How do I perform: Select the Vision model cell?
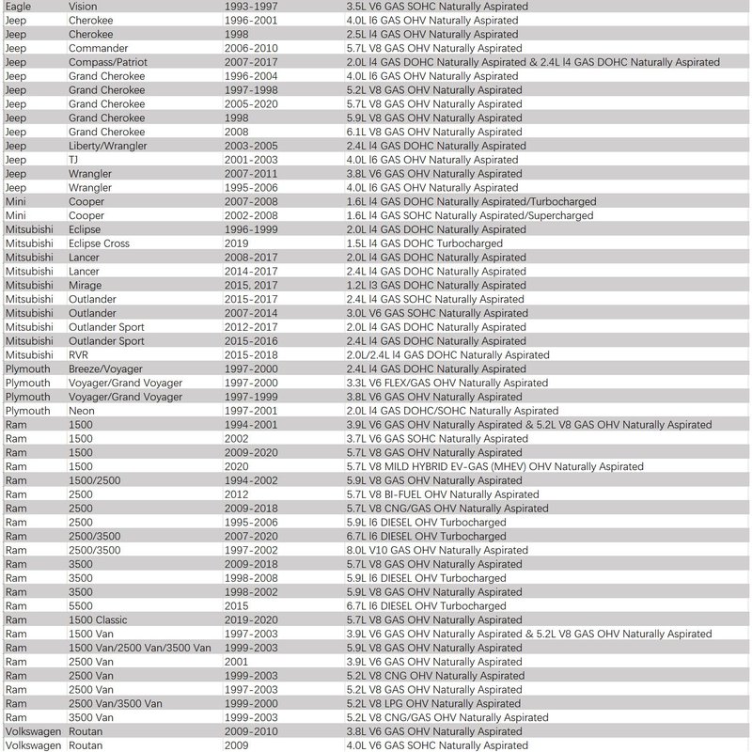(83, 6)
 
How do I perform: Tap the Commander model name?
(99, 48)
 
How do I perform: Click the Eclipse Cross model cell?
(99, 243)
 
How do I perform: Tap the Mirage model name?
(86, 285)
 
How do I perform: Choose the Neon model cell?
(83, 411)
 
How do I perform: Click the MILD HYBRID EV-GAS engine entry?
(494, 466)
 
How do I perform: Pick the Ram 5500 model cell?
(81, 606)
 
